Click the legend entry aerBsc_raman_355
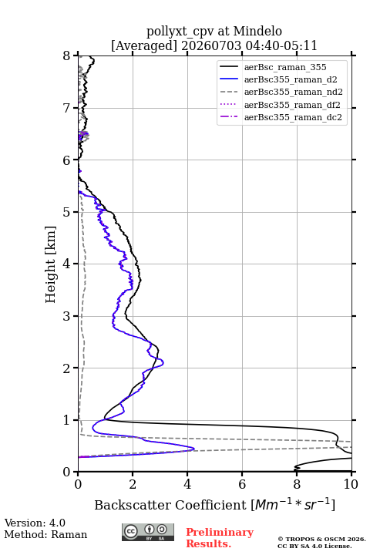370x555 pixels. (x=285, y=67)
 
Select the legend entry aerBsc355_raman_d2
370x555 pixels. (x=291, y=79)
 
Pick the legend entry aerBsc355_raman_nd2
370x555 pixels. (x=293, y=92)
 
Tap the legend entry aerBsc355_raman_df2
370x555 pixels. (x=291, y=105)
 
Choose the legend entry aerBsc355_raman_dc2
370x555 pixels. (x=293, y=117)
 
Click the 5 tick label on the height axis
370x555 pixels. (x=67, y=212)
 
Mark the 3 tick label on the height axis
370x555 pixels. (x=67, y=316)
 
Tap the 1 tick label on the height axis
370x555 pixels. (x=67, y=420)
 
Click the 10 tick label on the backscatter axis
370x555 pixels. (x=351, y=484)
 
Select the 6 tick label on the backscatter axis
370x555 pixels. (x=242, y=484)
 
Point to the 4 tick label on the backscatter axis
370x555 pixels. (x=187, y=484)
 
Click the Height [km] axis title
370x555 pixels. (x=51, y=264)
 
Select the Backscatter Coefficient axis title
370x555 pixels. (x=214, y=505)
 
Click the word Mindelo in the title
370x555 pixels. (x=257, y=31)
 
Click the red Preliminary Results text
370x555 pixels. (x=220, y=537)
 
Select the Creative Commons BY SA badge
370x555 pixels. (x=148, y=533)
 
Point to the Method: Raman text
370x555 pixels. (x=45, y=534)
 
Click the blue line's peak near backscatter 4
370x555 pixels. (x=194, y=449)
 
